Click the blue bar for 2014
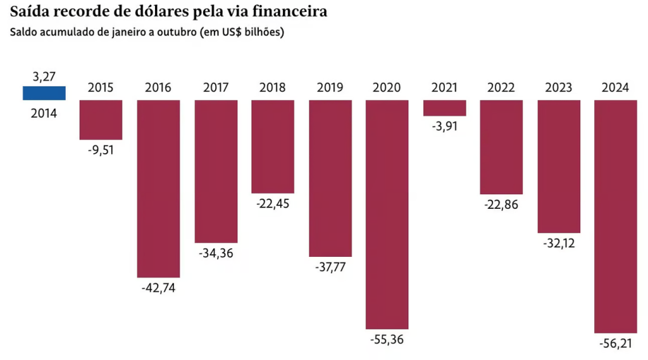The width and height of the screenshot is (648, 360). point(44,93)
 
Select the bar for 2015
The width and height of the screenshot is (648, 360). point(101,120)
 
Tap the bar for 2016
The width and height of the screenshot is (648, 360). point(158,189)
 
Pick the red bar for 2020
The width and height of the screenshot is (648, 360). point(387,214)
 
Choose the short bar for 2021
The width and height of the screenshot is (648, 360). point(444,108)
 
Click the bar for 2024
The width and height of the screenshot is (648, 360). point(616,216)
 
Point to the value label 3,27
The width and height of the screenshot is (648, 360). point(44,77)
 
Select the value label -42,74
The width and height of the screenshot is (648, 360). point(158,288)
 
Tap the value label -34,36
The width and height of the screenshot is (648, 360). point(216,253)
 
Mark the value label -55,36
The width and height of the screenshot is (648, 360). point(387,340)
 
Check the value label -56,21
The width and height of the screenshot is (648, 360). point(616,344)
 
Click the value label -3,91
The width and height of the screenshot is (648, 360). point(444,126)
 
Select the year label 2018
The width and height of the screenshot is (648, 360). point(273,88)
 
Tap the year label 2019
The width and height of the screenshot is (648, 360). point(330,88)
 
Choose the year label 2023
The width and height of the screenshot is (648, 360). point(559,88)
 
